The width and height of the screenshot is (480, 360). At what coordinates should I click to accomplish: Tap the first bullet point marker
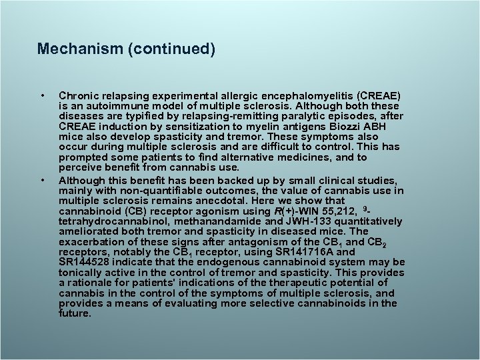click(42, 96)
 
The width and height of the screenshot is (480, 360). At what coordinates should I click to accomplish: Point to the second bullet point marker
click(42, 179)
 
